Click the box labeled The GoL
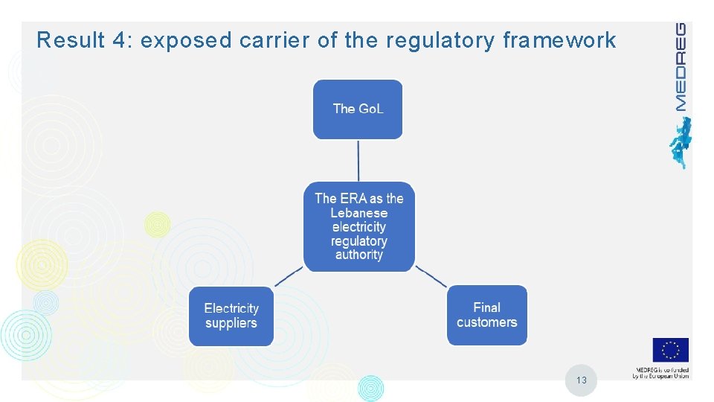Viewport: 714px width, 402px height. point(358,109)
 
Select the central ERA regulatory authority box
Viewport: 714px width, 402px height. point(359,226)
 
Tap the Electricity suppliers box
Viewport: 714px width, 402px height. point(231,316)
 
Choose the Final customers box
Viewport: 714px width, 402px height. point(487,315)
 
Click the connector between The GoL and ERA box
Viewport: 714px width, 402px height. point(358,160)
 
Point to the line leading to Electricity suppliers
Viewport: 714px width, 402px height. point(289,276)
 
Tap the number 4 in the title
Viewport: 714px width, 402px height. point(120,40)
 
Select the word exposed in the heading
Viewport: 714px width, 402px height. point(186,40)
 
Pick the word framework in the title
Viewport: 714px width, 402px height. point(559,40)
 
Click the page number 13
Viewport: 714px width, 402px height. point(581,380)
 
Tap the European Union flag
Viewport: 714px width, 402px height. point(671,350)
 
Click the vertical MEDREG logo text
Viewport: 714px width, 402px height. point(680,67)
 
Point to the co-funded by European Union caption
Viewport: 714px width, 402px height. point(661,373)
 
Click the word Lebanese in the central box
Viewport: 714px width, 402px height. point(359,213)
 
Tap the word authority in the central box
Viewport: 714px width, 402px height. point(359,255)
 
